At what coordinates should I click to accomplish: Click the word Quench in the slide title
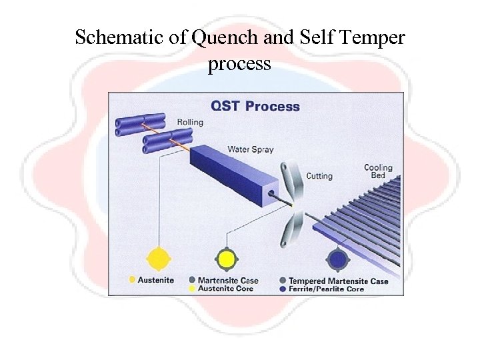point(219,38)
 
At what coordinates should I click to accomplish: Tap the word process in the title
point(239,64)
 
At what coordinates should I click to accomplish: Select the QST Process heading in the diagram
point(255,106)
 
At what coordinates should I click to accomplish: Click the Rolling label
point(190,122)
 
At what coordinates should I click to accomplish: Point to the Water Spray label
point(251,149)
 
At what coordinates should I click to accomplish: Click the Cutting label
point(319,176)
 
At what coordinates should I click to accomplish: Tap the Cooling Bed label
point(378,171)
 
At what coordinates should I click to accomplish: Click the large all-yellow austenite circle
point(159,258)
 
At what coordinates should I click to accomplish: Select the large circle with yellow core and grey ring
point(226,258)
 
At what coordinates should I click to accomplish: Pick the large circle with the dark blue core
point(338,258)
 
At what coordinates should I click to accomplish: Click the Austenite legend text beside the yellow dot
point(156,280)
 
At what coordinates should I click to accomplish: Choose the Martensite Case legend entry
point(228,281)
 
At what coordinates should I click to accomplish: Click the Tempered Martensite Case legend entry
point(338,281)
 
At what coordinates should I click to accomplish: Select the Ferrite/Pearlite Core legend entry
point(326,289)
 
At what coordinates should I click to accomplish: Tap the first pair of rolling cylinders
point(140,125)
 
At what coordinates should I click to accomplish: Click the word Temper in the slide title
point(377,38)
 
